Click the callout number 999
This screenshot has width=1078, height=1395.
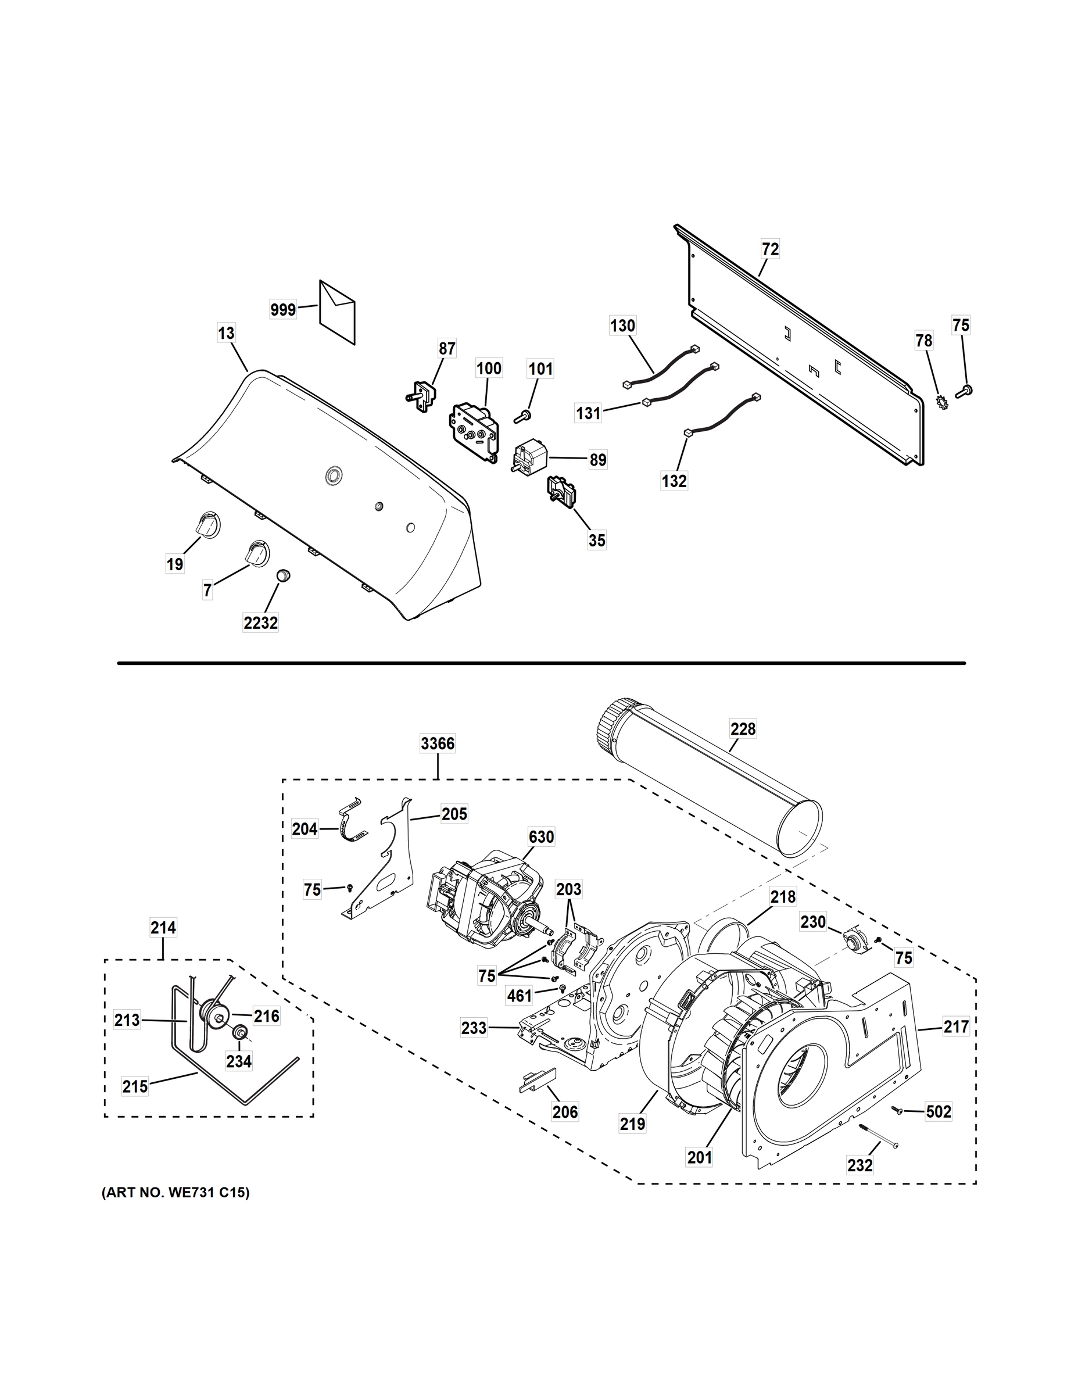(283, 310)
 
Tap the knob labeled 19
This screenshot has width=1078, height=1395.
(206, 524)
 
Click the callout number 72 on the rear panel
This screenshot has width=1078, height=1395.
(770, 249)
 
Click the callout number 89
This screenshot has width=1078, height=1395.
(598, 459)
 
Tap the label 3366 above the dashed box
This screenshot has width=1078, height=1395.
(438, 743)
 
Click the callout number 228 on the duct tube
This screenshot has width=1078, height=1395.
(743, 729)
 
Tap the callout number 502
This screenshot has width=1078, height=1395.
(938, 1112)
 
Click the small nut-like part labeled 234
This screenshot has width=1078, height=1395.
(240, 1033)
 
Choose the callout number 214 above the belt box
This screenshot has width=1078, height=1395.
(163, 927)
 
